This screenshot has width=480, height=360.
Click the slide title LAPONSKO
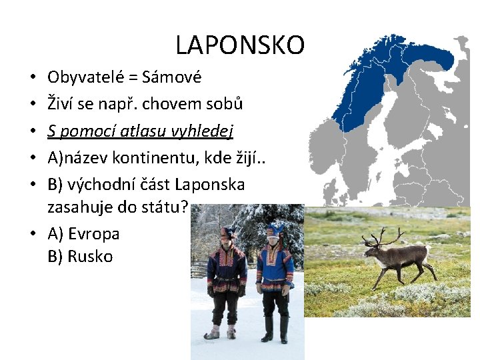240,45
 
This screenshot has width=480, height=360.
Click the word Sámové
172,78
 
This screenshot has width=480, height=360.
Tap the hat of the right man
274,230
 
